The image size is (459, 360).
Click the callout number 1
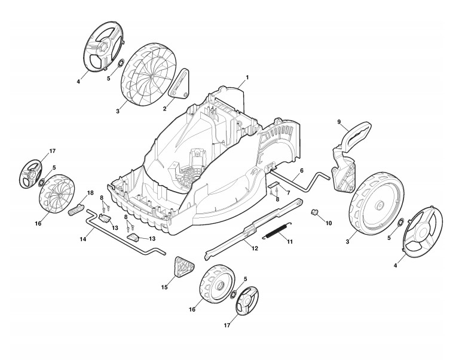pos(247,78)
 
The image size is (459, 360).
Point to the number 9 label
pos(339,122)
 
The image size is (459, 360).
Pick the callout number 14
pos(83,239)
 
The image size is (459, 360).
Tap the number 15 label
pos(164,287)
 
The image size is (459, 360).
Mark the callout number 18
pos(91,193)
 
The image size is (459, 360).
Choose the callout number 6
pos(301,171)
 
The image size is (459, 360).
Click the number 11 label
pos(290,242)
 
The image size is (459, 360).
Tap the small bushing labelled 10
pos(314,212)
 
